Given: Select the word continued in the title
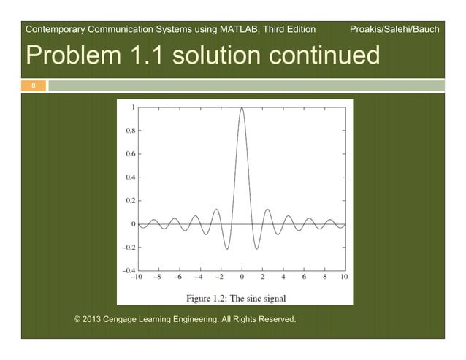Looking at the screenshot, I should pos(318,55).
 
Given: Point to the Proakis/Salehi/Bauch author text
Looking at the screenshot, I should pos(394,30).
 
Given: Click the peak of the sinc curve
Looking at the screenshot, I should pos(241,107).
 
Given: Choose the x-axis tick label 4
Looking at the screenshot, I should pos(283,277).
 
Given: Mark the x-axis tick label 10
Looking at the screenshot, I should pos(344,277).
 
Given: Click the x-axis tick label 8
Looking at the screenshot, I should pos(324,277).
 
